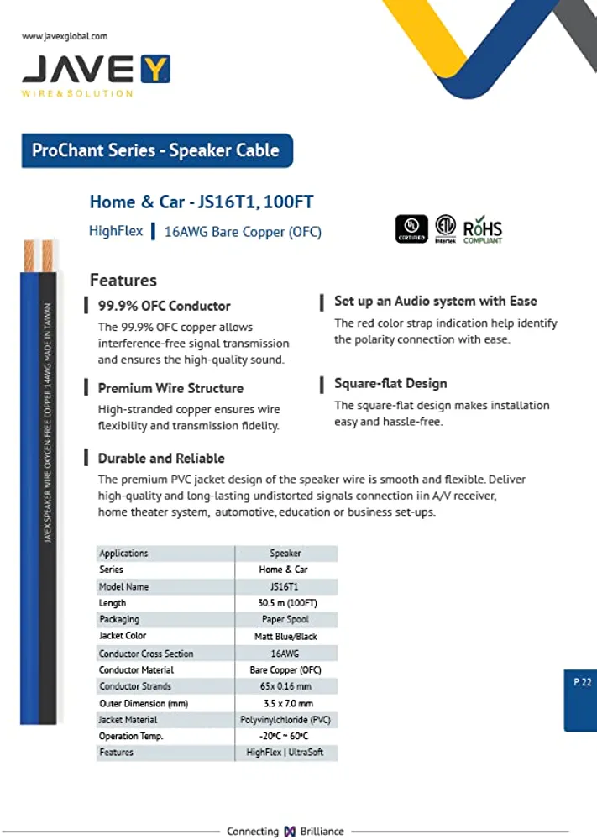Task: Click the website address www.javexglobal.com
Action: pos(65,36)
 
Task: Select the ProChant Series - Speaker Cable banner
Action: pos(156,150)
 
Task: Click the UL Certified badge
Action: pos(411,228)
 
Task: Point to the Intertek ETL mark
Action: pos(445,228)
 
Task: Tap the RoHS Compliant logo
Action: pos(483,228)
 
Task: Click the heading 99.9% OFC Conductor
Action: pos(164,306)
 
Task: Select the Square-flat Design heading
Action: pos(390,383)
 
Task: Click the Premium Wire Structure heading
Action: pos(170,388)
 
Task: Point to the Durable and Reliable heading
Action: pos(161,458)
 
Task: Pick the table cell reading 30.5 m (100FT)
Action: pos(287,603)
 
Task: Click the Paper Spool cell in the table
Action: pos(286,619)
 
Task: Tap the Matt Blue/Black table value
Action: pos(286,636)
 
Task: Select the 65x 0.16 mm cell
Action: pos(286,686)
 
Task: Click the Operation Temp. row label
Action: pos(131,736)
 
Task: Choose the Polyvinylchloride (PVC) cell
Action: pos(286,719)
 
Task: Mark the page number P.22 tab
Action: pos(582,682)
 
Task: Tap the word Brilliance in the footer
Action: pos(322,831)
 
